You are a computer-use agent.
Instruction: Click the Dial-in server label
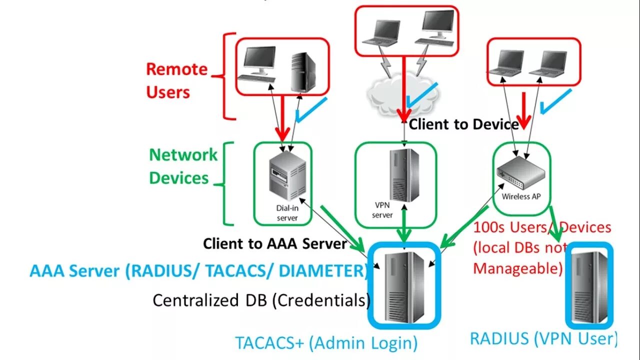pos(287,213)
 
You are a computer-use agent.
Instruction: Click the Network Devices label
pos(183,166)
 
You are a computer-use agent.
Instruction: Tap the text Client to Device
pos(463,124)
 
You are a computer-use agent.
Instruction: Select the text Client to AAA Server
pos(274,244)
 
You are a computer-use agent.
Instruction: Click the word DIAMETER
pos(322,271)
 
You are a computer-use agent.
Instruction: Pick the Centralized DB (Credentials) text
pos(261,300)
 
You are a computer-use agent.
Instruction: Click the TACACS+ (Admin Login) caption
pos(326,343)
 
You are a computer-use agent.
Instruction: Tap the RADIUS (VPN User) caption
pos(543,338)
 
